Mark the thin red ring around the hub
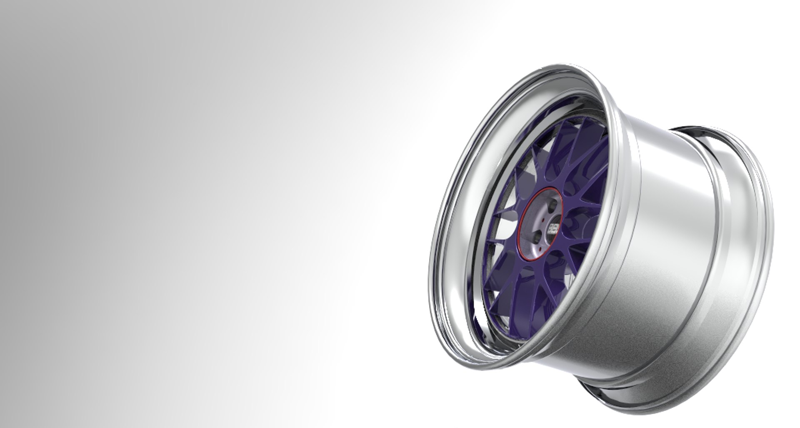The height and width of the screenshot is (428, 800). click(523, 225)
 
